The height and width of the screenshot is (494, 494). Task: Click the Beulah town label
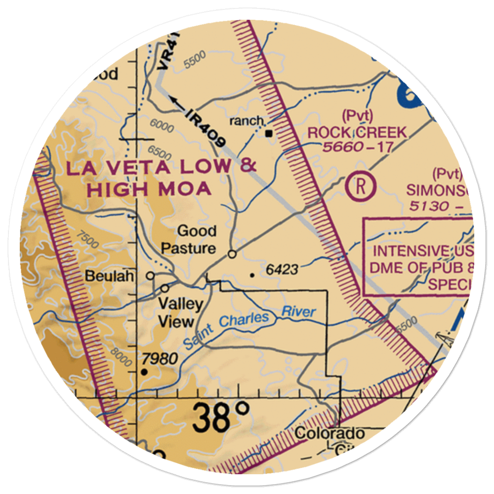109,276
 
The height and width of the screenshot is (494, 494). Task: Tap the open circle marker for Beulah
150,276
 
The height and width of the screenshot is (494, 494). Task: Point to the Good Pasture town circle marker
232,254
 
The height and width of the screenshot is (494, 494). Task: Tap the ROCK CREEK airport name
357,132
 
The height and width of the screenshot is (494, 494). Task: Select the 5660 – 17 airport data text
357,147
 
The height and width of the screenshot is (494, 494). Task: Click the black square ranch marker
269,133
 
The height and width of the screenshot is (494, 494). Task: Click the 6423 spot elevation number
282,270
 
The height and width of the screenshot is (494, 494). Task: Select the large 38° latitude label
221,417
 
